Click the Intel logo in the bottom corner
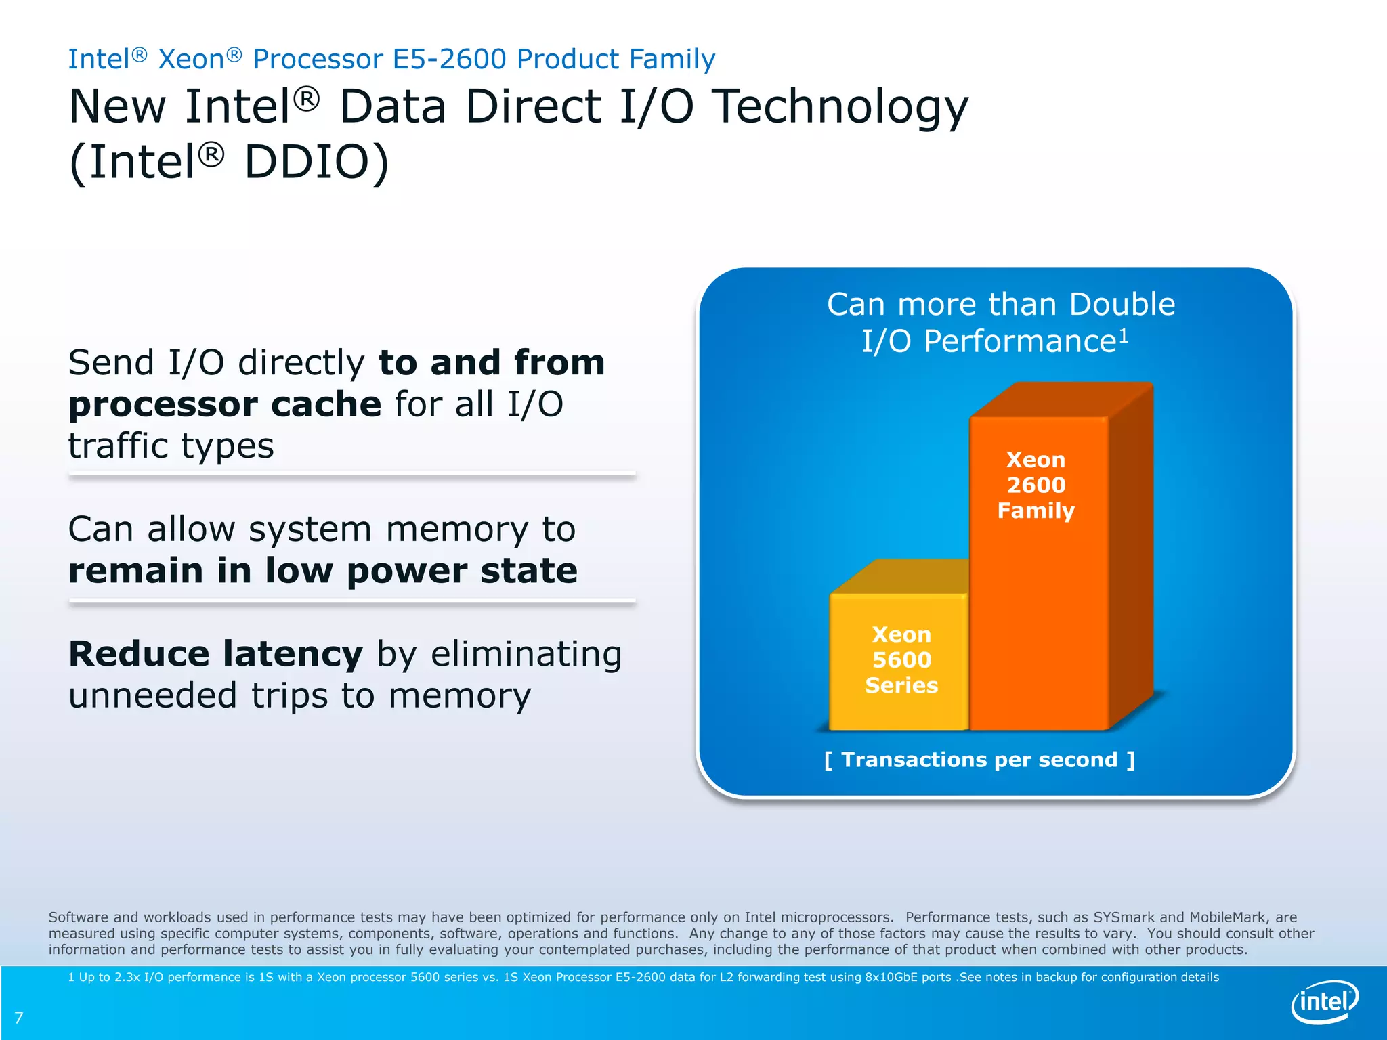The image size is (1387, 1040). [x=1325, y=1001]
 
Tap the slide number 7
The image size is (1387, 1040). [x=19, y=1018]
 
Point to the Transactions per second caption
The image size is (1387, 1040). [x=979, y=760]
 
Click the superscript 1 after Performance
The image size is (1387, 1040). [x=1124, y=335]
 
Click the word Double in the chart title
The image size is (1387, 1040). [x=1122, y=304]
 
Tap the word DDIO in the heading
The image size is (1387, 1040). [x=316, y=162]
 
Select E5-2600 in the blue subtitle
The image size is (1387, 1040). [x=449, y=60]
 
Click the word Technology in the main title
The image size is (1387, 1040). [x=840, y=107]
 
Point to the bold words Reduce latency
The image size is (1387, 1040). [x=216, y=654]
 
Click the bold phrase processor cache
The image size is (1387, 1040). [x=226, y=404]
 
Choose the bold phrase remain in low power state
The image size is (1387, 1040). [x=323, y=570]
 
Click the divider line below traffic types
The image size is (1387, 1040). [x=352, y=475]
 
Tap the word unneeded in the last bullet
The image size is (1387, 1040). [x=152, y=696]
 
